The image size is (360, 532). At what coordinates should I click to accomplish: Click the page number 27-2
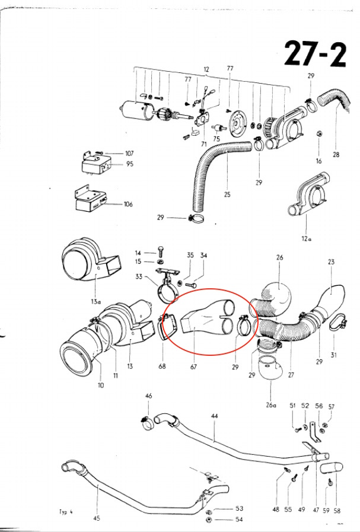coord(315,54)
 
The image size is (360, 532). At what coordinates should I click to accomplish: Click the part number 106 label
coord(128,204)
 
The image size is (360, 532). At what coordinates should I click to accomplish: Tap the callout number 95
coord(129,164)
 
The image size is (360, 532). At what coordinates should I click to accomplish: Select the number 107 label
coord(129,153)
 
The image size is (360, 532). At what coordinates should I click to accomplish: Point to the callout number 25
coord(227,194)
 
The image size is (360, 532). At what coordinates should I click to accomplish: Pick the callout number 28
coord(336,155)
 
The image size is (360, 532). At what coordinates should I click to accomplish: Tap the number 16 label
coord(318,161)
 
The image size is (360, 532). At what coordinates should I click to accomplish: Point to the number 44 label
coord(214,416)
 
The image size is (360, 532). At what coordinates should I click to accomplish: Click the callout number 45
coord(97,518)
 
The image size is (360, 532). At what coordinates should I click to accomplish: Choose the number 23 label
coord(331,261)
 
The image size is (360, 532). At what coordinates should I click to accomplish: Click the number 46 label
coord(148,395)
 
